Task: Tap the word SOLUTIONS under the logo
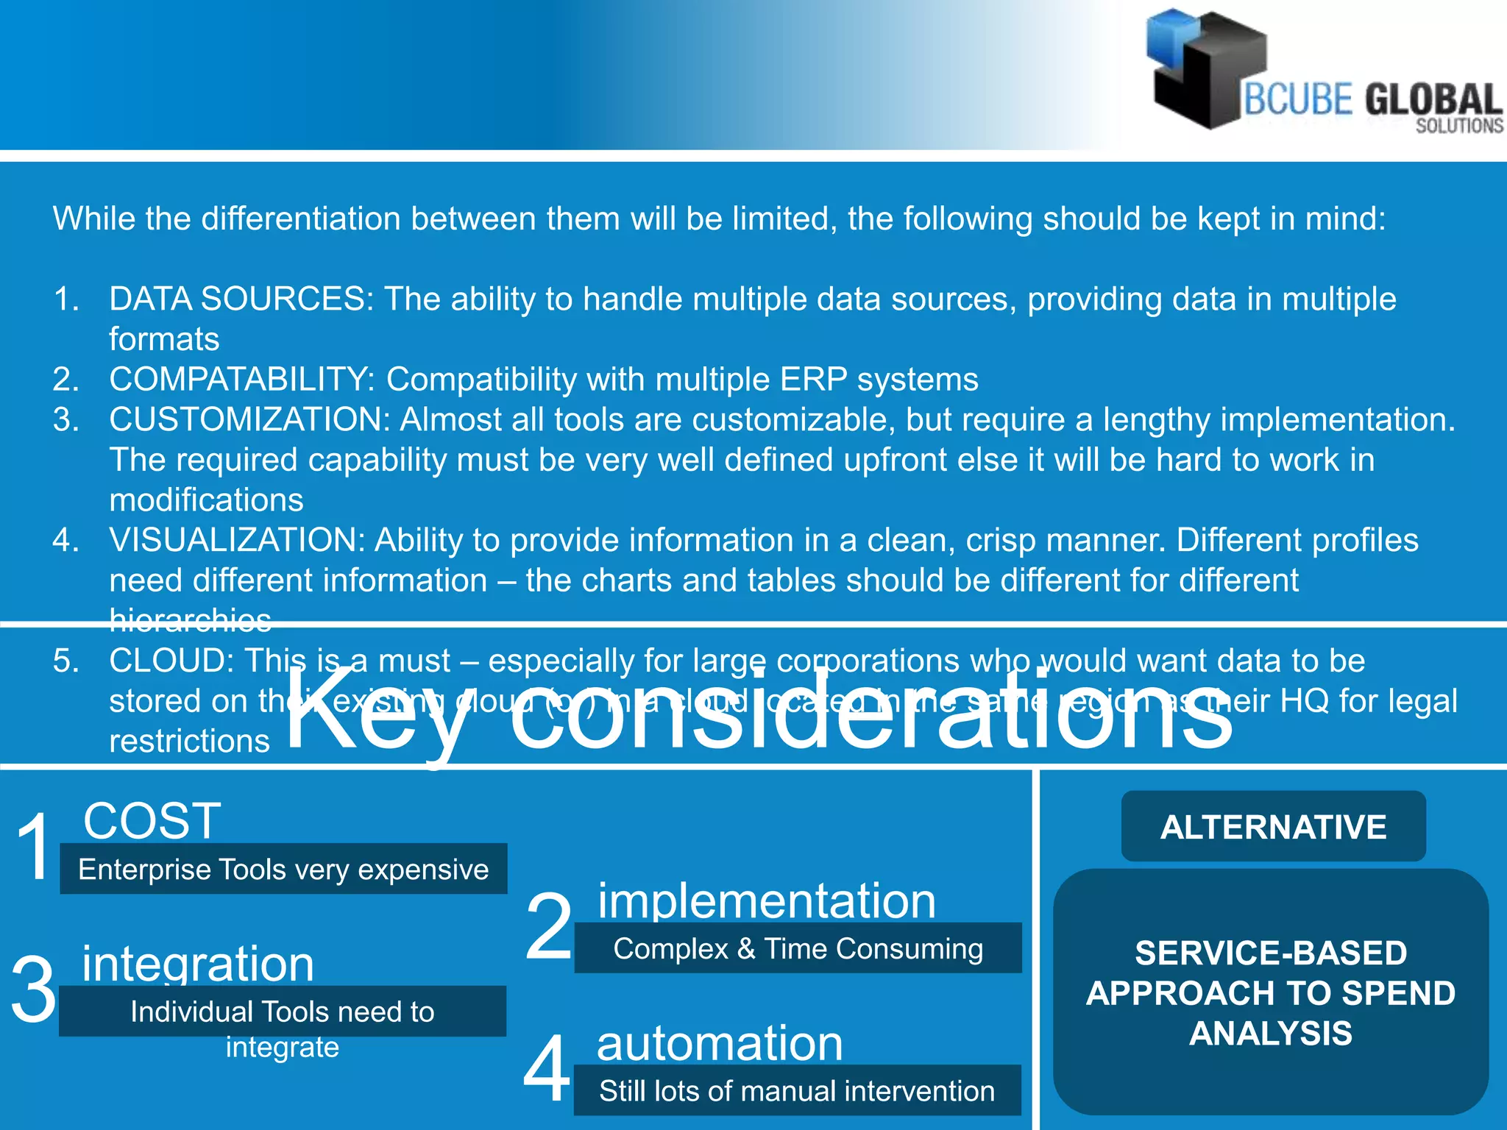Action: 1459,127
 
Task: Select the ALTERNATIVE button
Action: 1273,826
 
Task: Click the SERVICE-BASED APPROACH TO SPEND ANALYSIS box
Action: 1271,992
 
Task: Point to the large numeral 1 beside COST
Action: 34,847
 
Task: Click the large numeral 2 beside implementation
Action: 548,925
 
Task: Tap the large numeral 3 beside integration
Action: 34,989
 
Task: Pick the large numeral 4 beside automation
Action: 547,1068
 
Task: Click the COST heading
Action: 152,820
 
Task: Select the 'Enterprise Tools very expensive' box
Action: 283,870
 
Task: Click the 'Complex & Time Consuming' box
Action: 798,948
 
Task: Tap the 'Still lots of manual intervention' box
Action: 797,1090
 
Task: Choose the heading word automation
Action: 719,1042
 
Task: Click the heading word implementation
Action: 766,900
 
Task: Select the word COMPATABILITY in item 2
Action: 236,380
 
